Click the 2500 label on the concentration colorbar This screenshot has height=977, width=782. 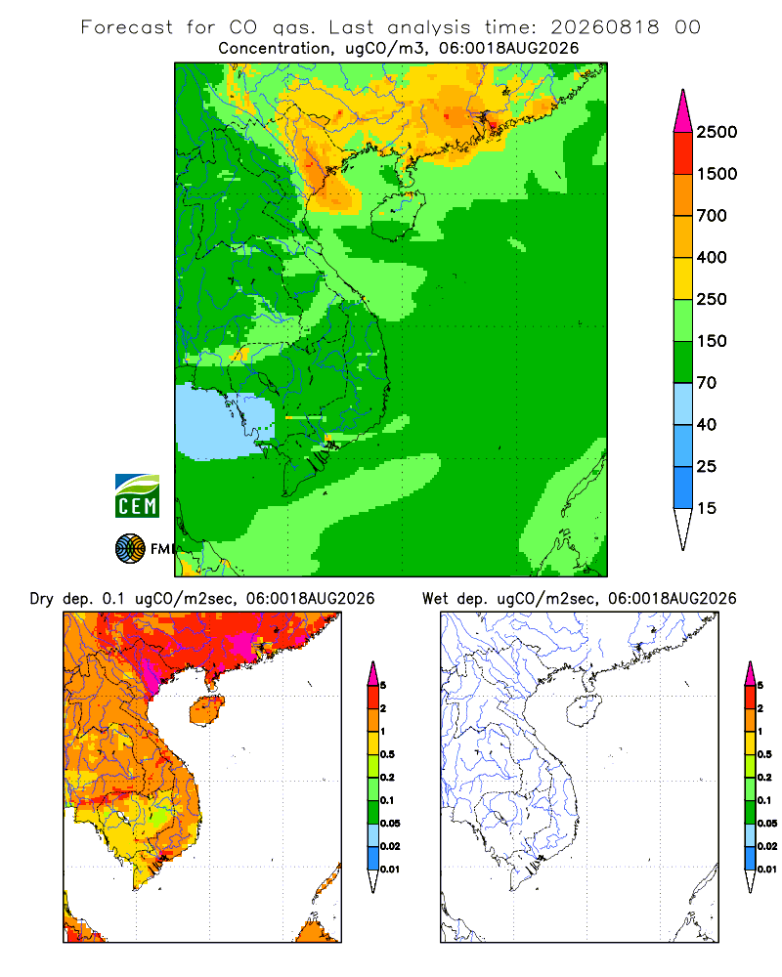pyautogui.click(x=717, y=132)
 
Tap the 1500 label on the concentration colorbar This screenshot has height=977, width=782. pyautogui.click(x=717, y=174)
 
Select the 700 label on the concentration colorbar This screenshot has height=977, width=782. pyautogui.click(x=712, y=216)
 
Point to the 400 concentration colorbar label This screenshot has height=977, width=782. pyautogui.click(x=712, y=257)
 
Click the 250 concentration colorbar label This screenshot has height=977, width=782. pyautogui.click(x=712, y=299)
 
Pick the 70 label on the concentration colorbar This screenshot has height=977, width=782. pyautogui.click(x=707, y=383)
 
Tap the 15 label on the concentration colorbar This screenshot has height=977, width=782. pyautogui.click(x=707, y=508)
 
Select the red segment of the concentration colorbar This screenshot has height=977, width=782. pyautogui.click(x=683, y=153)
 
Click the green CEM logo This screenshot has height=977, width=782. pyautogui.click(x=137, y=496)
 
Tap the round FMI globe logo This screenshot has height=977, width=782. pyautogui.click(x=130, y=549)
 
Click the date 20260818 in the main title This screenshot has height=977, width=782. pyautogui.click(x=605, y=27)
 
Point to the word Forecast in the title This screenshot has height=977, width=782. pyautogui.click(x=127, y=27)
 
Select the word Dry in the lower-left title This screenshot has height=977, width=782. pyautogui.click(x=42, y=600)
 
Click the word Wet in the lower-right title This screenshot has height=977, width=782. pyautogui.click(x=435, y=599)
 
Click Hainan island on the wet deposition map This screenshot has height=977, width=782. pyautogui.click(x=585, y=710)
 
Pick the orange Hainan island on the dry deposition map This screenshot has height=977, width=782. pyautogui.click(x=207, y=710)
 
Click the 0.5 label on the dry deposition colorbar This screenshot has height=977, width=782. pyautogui.click(x=387, y=754)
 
